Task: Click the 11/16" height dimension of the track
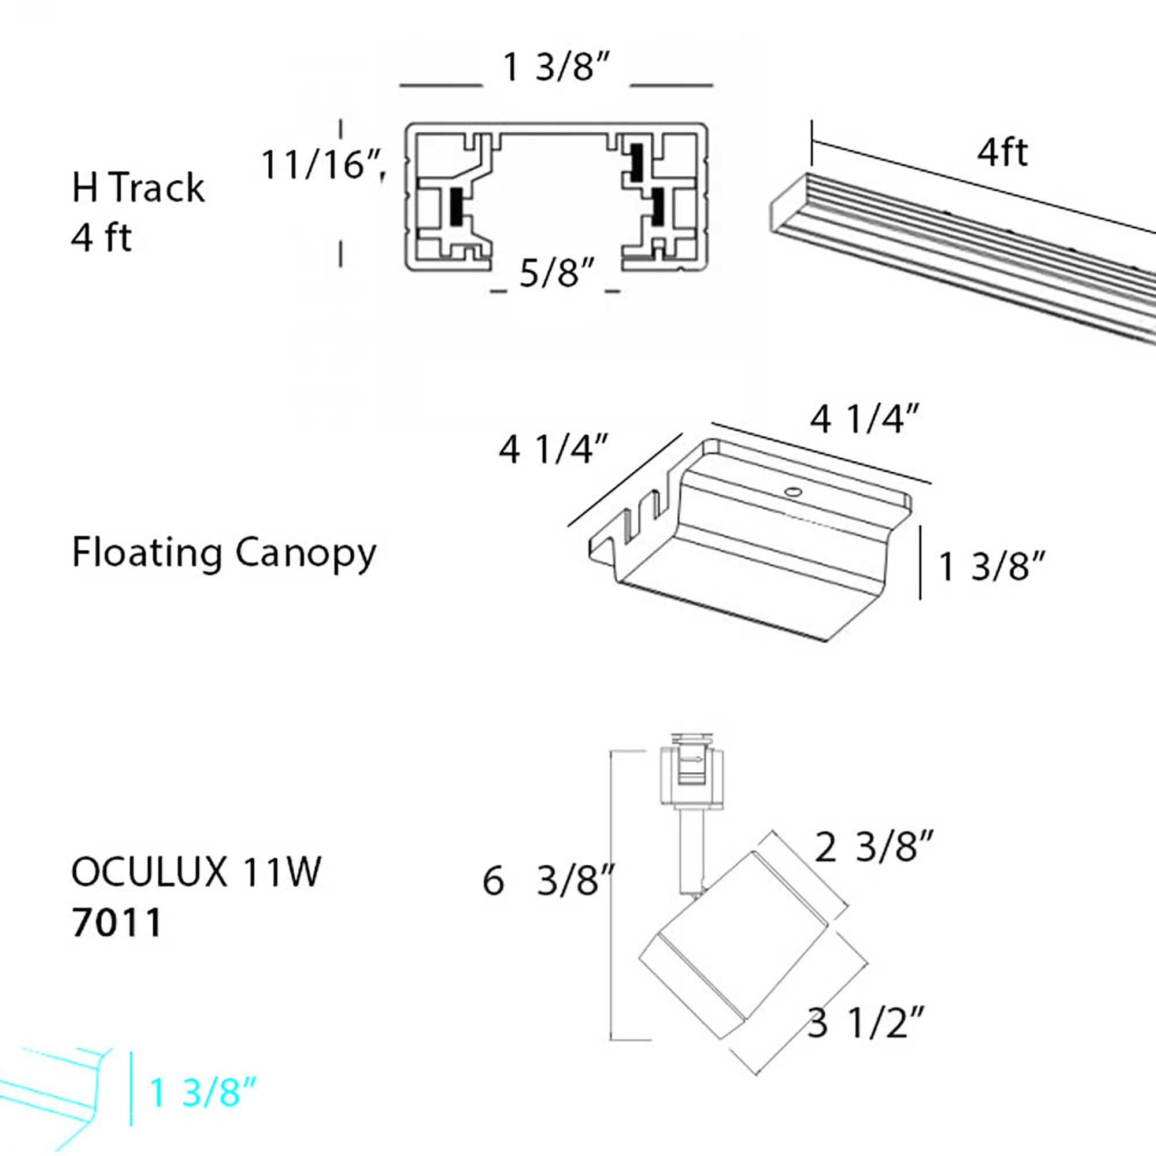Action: pos(320,165)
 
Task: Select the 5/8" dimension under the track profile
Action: pos(556,273)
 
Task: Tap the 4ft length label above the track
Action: pos(1002,153)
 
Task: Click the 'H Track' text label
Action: pos(138,188)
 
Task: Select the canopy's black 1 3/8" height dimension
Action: pos(992,566)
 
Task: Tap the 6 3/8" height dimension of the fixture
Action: pos(547,881)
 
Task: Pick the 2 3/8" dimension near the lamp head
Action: pos(873,847)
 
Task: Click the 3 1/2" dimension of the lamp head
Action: pos(866,1023)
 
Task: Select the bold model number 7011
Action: pos(117,922)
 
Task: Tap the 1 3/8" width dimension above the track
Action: pos(556,67)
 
